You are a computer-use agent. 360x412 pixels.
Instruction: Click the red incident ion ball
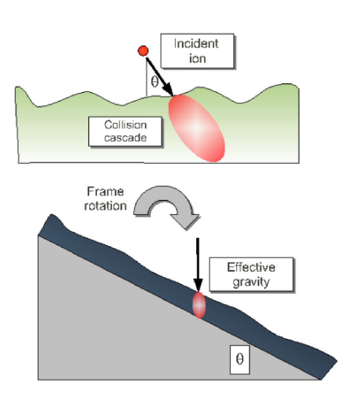click(x=142, y=50)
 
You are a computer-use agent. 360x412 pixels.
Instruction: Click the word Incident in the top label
click(x=197, y=43)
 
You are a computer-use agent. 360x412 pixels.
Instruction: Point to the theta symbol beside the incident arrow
click(x=154, y=81)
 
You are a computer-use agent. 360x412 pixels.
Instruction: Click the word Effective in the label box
click(x=250, y=268)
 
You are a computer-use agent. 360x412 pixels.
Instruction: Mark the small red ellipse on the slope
click(x=199, y=304)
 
